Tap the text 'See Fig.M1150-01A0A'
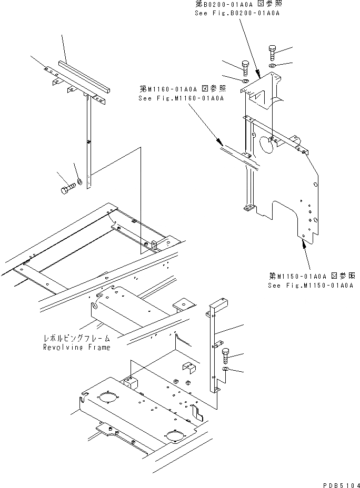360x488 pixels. tap(309, 286)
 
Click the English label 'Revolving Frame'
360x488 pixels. tap(77, 348)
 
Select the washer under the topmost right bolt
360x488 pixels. tap(271, 66)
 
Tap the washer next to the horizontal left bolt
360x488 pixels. tap(78, 181)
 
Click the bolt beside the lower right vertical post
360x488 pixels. tap(226, 356)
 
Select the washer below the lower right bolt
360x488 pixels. tap(226, 370)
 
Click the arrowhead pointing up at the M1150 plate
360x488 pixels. tap(303, 242)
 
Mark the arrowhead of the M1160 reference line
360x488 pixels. tap(219, 142)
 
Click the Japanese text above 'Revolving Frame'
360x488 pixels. tap(77, 339)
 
